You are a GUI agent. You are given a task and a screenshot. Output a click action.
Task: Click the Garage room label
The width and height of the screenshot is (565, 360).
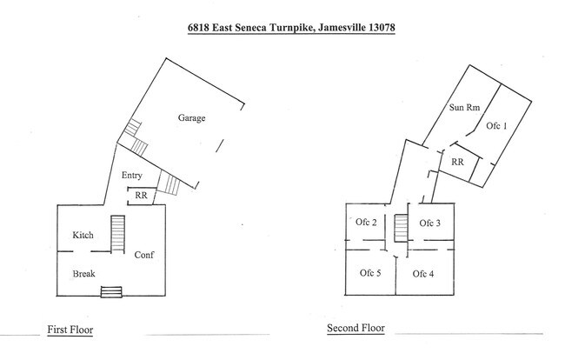192,118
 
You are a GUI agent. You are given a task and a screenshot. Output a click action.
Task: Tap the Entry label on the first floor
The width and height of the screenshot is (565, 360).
132,176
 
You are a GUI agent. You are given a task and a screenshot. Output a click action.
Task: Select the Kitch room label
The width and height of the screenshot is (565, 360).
83,235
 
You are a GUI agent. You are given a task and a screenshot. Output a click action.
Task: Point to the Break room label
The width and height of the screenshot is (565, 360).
84,274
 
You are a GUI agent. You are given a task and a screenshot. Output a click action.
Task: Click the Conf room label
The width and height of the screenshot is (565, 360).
144,255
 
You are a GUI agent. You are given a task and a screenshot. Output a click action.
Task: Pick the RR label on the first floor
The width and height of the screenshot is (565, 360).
141,196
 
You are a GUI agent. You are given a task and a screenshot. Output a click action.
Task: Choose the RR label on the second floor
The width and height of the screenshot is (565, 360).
457,162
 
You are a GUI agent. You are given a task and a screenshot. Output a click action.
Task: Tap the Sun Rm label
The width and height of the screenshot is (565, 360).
464,107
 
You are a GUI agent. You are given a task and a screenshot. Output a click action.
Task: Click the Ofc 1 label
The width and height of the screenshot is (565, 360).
496,126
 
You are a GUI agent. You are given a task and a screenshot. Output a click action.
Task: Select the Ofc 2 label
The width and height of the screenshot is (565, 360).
366,222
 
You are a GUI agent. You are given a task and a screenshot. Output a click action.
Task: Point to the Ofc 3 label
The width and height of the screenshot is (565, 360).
430,223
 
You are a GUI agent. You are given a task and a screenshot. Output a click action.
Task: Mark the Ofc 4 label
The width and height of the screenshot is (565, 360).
423,274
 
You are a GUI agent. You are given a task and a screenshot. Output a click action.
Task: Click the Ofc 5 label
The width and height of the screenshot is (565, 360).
370,273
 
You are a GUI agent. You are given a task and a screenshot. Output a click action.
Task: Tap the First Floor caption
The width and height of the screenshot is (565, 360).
70,330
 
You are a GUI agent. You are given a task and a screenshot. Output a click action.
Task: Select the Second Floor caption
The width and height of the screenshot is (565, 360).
356,328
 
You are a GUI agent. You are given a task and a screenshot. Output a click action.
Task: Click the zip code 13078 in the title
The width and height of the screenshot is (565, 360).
382,27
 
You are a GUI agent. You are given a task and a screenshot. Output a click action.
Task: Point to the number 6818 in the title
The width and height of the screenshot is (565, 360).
198,27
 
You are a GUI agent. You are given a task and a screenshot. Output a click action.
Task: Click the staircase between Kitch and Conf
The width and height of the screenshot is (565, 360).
118,234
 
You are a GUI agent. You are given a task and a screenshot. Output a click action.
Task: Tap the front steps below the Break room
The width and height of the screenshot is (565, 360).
111,292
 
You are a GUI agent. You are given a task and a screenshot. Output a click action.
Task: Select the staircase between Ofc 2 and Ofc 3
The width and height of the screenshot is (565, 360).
401,229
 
